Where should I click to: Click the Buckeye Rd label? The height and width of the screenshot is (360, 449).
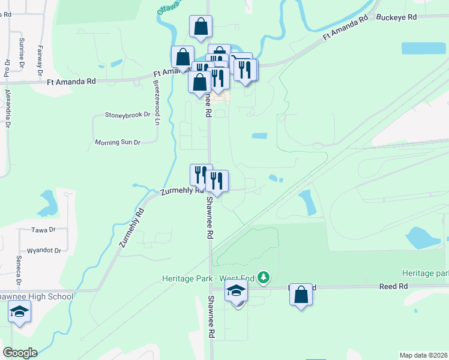pyautogui.click(x=396, y=17)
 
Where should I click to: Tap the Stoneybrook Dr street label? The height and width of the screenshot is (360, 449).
pyautogui.click(x=127, y=114)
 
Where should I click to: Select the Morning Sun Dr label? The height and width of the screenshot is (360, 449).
pyautogui.click(x=118, y=142)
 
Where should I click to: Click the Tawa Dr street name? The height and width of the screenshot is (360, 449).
pyautogui.click(x=43, y=230)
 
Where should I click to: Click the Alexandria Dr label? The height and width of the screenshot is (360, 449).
pyautogui.click(x=8, y=109)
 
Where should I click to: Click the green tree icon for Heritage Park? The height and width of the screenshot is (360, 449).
pyautogui.click(x=263, y=278)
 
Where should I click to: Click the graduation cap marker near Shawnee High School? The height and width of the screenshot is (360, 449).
pyautogui.click(x=19, y=312)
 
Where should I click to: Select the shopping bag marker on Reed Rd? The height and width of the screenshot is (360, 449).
pyautogui.click(x=301, y=295)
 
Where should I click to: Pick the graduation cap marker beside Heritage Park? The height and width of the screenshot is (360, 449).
pyautogui.click(x=237, y=292)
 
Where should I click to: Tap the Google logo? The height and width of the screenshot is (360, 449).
pyautogui.click(x=20, y=353)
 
